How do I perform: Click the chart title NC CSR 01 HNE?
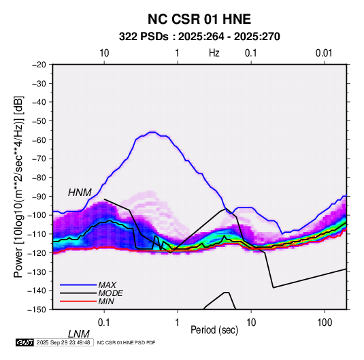tap(199, 19)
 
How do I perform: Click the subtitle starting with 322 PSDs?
tap(199, 37)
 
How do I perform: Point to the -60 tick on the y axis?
tap(39, 140)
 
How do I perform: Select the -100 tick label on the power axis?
tap(37, 215)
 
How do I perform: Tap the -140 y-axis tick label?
tap(37, 291)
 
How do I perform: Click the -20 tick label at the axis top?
tap(39, 65)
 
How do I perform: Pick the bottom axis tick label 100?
tap(325, 323)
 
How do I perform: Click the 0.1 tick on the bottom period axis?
tap(104, 323)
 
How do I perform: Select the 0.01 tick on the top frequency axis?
tap(324, 53)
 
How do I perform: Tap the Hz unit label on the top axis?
tap(214, 53)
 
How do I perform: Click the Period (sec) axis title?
tap(214, 330)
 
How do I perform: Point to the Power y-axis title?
tap(18, 186)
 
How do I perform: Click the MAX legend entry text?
tap(107, 285)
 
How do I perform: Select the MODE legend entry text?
tap(110, 293)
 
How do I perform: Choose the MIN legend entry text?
tap(106, 301)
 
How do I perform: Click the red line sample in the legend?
tap(78, 301)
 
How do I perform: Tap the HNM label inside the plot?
tap(80, 193)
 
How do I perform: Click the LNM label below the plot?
tap(78, 334)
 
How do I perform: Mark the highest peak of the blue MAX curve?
tap(152, 132)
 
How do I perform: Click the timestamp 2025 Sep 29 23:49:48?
tap(63, 342)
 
